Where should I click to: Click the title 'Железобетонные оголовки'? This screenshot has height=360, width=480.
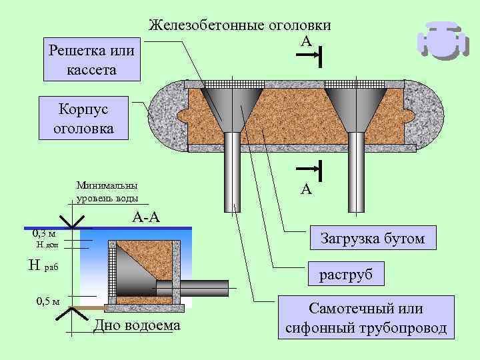[x=239, y=26]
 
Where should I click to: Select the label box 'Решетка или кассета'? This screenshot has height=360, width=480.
[x=91, y=59]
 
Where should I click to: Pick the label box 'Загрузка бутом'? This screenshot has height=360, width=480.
[x=373, y=238]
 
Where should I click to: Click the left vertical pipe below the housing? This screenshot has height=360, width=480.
[x=233, y=173]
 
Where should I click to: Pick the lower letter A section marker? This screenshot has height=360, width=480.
[x=305, y=189]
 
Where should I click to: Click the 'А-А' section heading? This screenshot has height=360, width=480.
[x=145, y=217]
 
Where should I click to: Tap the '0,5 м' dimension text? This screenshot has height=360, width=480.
[x=47, y=301]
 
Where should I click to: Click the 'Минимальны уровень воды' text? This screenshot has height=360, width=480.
[x=108, y=192]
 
